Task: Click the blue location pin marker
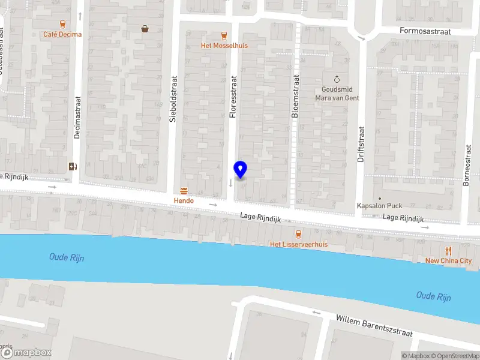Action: [240, 170]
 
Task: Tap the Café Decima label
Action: [62, 34]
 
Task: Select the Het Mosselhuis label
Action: [224, 46]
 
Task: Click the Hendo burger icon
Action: [184, 191]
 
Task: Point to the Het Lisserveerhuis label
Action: [299, 244]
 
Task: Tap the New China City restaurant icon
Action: [448, 251]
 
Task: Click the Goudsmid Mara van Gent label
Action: [337, 94]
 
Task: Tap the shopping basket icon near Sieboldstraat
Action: [145, 28]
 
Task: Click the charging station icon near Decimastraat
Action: [73, 167]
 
